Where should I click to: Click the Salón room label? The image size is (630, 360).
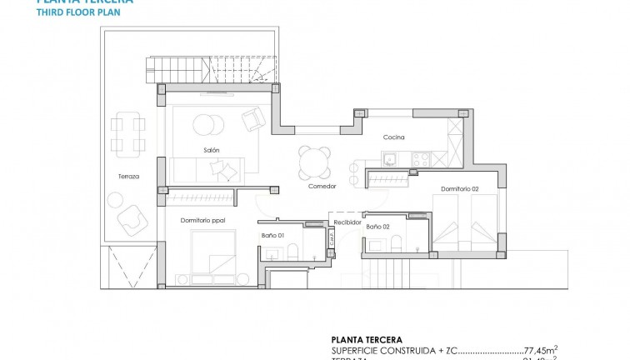point(211,150)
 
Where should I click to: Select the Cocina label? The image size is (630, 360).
point(394,137)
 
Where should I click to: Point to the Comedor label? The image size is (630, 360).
point(322,186)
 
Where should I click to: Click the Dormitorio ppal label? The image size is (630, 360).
point(202,220)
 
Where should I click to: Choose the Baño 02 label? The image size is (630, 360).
point(378,226)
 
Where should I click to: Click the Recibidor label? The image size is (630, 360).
point(347,223)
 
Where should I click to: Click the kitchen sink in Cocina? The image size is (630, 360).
point(389,157)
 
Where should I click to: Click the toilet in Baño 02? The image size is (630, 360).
point(396,243)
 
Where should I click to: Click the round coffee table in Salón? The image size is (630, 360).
point(204,126)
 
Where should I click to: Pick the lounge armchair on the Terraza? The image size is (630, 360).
point(129,219)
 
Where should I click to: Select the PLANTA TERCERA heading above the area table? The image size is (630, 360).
point(367,340)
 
